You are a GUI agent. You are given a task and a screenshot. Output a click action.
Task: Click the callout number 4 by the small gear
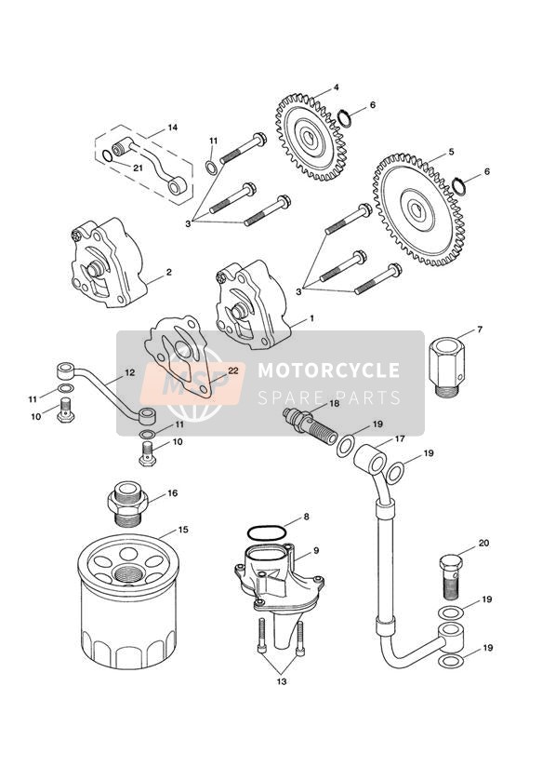336,87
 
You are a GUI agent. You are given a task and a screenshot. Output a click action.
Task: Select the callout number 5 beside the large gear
451,152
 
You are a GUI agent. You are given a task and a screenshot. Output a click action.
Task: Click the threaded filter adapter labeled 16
127,504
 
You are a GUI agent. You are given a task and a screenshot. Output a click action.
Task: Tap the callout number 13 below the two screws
282,681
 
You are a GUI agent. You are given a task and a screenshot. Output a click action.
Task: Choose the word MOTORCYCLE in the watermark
328,370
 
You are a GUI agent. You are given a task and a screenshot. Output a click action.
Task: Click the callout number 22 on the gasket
233,370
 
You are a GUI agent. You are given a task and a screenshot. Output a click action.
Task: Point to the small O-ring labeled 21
107,155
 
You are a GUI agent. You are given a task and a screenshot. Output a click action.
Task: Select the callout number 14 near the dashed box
172,128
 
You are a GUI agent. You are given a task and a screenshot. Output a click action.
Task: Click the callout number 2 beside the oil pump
168,272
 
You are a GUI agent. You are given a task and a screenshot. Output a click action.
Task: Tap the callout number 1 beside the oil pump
311,318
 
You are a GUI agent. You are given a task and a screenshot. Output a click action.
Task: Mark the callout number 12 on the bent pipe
129,372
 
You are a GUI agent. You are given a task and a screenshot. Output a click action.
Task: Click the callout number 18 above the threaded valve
334,404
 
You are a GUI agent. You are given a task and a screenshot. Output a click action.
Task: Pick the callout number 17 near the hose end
400,439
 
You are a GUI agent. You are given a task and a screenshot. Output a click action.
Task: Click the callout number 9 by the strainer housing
316,550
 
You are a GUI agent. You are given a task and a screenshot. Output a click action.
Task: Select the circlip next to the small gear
347,118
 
